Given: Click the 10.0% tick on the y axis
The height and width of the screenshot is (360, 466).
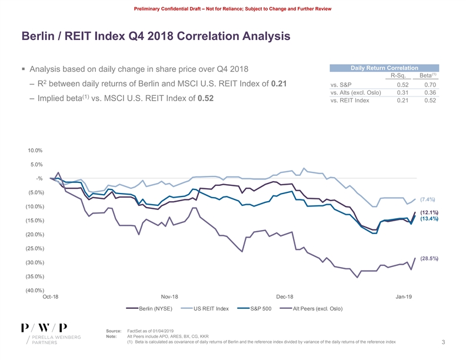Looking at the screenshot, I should pos(35,151).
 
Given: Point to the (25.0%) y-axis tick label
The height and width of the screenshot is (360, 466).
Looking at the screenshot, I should pos(35,248).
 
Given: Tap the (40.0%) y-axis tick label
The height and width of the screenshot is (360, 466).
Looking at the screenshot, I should pos(35,290).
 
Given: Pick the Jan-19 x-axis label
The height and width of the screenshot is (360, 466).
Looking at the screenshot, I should pos(404,297).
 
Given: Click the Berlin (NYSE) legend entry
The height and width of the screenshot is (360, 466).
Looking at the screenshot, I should pos(155,309).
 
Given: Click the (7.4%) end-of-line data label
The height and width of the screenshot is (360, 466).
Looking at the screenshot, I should pos(428,199).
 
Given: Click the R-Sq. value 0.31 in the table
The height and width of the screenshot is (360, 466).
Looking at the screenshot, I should pos(402,92).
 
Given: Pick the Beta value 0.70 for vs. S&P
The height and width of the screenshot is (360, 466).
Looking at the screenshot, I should pos(430,85).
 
